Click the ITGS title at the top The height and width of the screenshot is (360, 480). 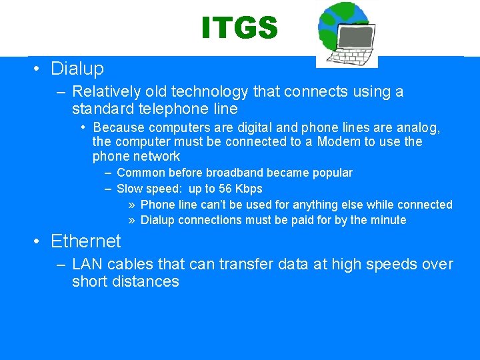point(239,28)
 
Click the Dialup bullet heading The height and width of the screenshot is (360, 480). point(77,69)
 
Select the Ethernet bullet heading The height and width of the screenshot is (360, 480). point(85,241)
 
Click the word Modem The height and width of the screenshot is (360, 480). point(339,142)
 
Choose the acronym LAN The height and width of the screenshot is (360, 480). point(88,265)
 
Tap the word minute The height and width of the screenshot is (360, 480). point(386,220)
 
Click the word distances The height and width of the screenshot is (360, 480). point(145,281)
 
